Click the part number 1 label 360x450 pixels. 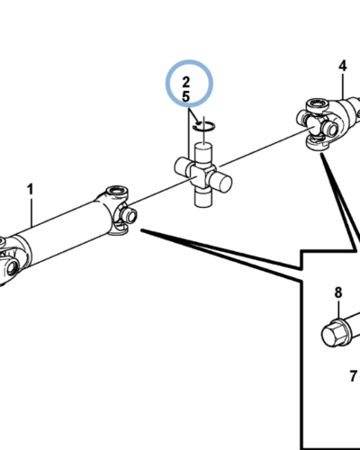[30, 190]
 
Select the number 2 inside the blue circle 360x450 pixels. [186, 82]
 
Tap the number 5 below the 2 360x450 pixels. [186, 96]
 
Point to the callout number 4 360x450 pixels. [343, 66]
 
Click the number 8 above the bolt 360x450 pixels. [338, 292]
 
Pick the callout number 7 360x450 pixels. [354, 376]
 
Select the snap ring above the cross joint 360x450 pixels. [203, 127]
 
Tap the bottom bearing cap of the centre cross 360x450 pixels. [203, 197]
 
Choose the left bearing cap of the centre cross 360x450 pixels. [182, 166]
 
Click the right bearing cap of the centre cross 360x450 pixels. [221, 181]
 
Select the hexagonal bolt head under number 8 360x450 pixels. [334, 334]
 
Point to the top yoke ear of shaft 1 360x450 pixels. [117, 192]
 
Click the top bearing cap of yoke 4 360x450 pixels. [317, 105]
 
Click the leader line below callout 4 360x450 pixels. [343, 86]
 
